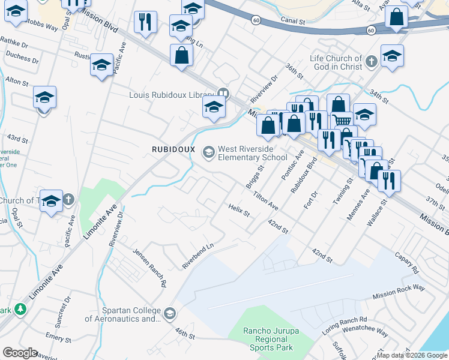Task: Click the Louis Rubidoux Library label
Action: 171,94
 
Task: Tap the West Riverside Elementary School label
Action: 253,153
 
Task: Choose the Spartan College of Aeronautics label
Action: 122,314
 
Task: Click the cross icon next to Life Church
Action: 372,61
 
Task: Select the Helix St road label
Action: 238,210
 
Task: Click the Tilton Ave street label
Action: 265,200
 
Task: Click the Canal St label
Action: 292,21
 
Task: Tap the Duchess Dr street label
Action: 22,61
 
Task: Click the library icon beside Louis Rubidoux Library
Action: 223,93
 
